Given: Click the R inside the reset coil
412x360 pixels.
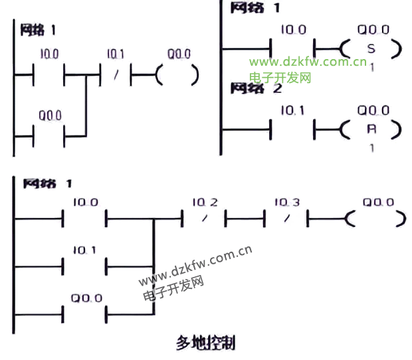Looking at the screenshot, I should (x=371, y=130).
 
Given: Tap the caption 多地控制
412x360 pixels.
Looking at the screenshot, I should (x=205, y=343).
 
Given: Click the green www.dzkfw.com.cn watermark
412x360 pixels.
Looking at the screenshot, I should (x=308, y=62).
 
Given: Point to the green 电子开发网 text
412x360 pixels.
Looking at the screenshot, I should (x=280, y=77).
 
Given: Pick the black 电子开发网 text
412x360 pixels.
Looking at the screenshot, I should (x=172, y=287).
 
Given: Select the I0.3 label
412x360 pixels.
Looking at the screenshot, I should (x=286, y=202).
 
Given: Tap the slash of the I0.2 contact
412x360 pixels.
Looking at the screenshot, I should (x=205, y=218).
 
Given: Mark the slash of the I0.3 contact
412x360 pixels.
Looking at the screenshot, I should (x=286, y=218).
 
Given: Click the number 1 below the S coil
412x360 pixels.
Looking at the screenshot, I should (x=371, y=67).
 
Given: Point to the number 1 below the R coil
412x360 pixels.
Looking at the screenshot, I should (x=371, y=148).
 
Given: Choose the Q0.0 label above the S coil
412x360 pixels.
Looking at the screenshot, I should (x=373, y=29).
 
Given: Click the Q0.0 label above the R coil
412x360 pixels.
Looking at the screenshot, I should (x=373, y=110).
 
